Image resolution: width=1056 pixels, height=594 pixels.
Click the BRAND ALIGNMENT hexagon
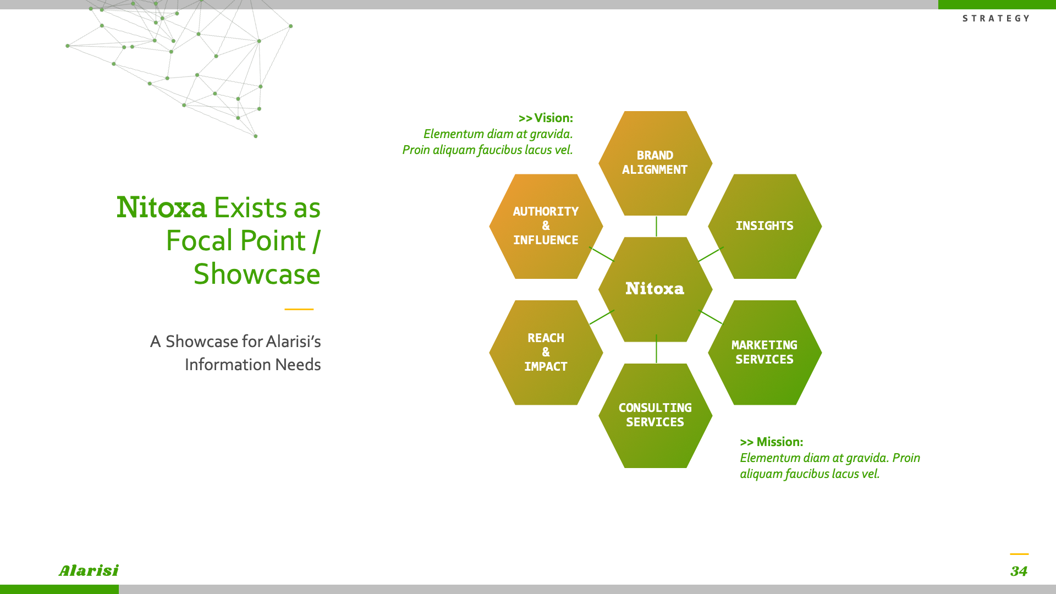[655, 163]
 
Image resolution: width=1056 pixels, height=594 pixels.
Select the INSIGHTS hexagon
[765, 226]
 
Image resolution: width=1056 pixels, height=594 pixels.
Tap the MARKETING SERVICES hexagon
[765, 353]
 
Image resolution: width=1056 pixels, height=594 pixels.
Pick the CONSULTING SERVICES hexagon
[655, 416]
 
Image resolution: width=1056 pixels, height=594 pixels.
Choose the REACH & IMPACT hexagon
[546, 353]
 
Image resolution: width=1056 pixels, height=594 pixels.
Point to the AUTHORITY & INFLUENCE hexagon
[546, 226]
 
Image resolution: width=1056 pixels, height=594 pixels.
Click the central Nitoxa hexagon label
[654, 289]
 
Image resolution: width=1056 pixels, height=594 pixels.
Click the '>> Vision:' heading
[546, 118]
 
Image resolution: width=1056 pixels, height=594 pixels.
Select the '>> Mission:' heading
[771, 442]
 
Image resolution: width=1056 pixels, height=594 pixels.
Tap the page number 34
[1019, 571]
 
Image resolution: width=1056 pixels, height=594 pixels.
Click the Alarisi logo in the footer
[89, 571]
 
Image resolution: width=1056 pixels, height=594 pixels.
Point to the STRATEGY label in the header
[996, 19]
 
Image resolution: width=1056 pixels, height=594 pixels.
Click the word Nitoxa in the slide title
[162, 208]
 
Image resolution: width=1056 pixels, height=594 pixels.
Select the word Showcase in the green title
[257, 274]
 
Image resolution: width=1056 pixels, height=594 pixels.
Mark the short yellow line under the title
[299, 309]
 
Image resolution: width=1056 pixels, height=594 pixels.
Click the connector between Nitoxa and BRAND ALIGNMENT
[656, 227]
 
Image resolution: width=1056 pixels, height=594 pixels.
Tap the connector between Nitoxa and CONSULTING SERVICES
[656, 349]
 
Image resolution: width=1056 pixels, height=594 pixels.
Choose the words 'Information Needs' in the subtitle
[252, 365]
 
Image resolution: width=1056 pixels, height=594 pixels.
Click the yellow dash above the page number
[1019, 554]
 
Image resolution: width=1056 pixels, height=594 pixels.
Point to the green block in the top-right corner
[997, 4]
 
